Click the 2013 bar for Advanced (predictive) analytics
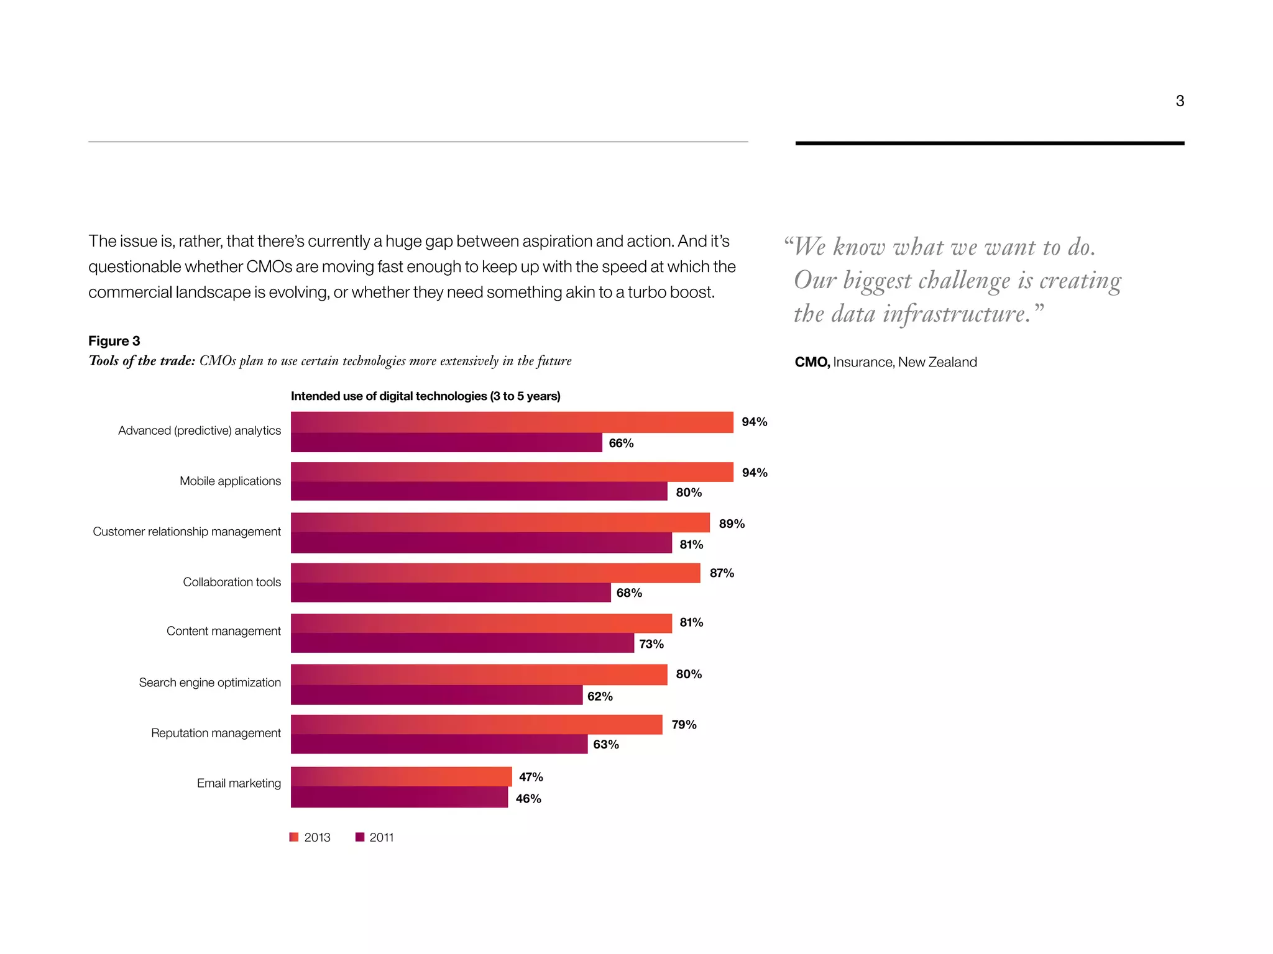(x=512, y=422)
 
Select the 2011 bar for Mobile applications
(x=479, y=491)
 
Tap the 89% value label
(x=732, y=524)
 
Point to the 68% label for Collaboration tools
(x=629, y=593)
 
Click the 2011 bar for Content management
(x=462, y=643)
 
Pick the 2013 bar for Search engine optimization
(x=479, y=675)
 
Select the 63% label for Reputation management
(x=605, y=745)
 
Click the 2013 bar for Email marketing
(x=401, y=776)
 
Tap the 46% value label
(x=528, y=799)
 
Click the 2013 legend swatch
(x=295, y=837)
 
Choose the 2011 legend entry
(x=375, y=837)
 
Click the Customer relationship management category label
(x=186, y=532)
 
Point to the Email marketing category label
(x=239, y=783)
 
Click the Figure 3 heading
(x=114, y=341)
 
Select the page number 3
(x=1179, y=101)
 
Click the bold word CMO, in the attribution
(x=812, y=362)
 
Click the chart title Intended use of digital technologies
(x=425, y=396)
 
